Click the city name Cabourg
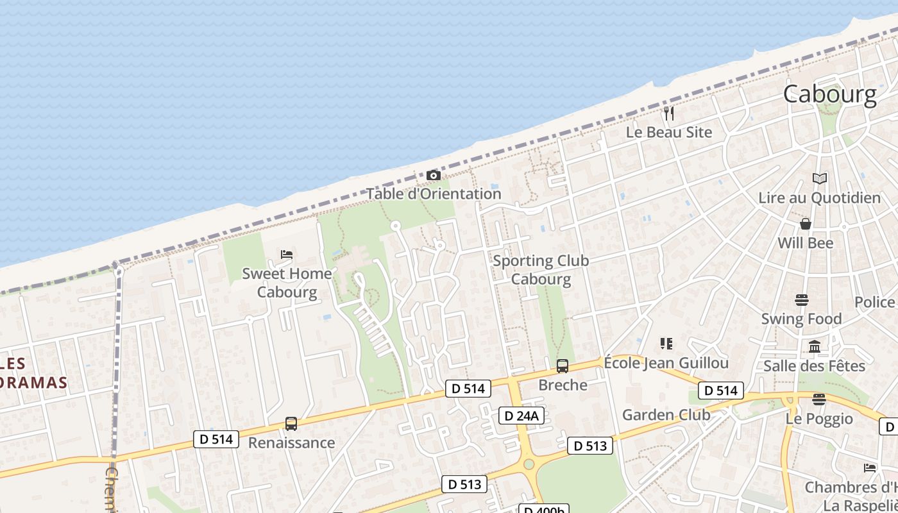(829, 94)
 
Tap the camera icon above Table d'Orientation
(434, 175)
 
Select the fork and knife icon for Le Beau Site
(669, 114)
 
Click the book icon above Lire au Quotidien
(819, 178)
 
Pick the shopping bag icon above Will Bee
(806, 224)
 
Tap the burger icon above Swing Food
(801, 299)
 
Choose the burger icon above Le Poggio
(819, 399)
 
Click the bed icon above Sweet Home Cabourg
(287, 255)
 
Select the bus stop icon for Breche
(563, 366)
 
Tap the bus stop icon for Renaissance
(291, 424)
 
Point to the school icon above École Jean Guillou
(666, 344)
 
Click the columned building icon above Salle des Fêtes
(815, 347)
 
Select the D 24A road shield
(521, 416)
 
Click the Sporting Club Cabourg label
(541, 270)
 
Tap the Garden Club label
(666, 415)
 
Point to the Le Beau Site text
(669, 132)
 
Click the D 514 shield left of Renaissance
(216, 439)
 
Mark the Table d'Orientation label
(434, 194)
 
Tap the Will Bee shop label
(806, 243)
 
